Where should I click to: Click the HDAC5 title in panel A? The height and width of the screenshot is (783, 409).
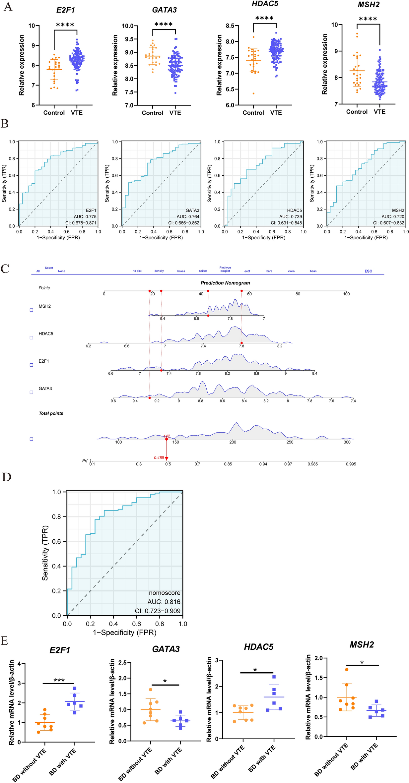[x=265, y=4]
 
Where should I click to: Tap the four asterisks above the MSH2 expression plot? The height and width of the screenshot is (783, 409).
[x=368, y=19]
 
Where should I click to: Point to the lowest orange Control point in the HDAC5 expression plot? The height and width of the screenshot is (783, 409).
[x=253, y=93]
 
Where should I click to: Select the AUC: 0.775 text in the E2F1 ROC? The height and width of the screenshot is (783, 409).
[x=85, y=216]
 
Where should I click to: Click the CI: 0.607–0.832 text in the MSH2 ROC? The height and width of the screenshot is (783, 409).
[x=388, y=223]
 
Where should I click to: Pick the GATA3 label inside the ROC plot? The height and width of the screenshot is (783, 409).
[x=192, y=210]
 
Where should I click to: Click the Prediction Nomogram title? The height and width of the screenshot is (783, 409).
[x=225, y=283]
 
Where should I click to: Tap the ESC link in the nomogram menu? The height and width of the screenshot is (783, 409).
[x=368, y=271]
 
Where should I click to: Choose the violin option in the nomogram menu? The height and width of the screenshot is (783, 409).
[x=291, y=271]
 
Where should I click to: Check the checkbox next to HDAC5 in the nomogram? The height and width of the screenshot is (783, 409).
[x=32, y=337]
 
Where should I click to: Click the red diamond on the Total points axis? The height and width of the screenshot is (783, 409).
[x=167, y=439]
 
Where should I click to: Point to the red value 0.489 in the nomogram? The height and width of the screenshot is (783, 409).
[x=159, y=457]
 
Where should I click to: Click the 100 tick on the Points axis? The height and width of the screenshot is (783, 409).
[x=346, y=294]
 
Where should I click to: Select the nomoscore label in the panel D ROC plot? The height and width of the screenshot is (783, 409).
[x=165, y=593]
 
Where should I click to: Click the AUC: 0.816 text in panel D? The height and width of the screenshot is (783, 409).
[x=164, y=602]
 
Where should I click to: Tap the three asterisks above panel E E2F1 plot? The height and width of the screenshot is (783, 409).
[x=59, y=681]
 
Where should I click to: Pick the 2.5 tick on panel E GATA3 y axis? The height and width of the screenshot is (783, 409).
[x=122, y=662]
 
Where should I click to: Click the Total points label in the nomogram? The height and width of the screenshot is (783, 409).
[x=51, y=413]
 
